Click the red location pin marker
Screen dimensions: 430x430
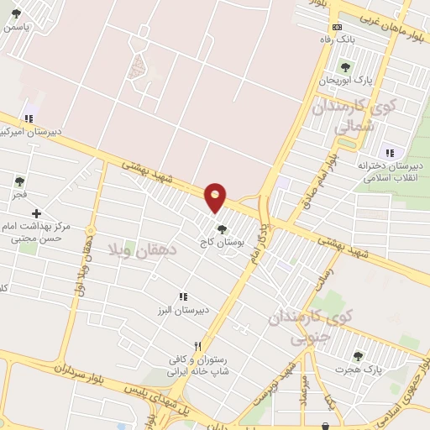click(216, 197)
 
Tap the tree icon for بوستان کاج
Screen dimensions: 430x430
click(222, 228)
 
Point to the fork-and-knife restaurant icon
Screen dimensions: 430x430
click(198, 345)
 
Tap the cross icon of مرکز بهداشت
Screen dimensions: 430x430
click(35, 215)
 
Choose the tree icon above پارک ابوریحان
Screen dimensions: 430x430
click(344, 66)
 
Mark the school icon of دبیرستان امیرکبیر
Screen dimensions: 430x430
click(29, 118)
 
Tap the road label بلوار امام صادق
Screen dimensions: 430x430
click(322, 172)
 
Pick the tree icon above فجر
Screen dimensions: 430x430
click(19, 181)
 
